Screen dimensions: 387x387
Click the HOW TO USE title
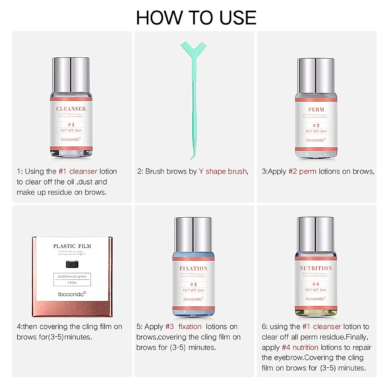coord(196,18)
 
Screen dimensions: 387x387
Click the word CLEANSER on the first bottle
coord(71,109)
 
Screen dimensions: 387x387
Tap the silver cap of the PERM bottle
coord(316,76)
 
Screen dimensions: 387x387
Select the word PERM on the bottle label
coord(316,110)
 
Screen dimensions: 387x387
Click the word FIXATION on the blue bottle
coord(193,268)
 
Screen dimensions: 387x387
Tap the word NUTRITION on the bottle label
coord(316,268)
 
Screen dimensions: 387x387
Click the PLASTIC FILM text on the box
coord(72,246)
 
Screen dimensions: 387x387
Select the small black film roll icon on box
coord(72,264)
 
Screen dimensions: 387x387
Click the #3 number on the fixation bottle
coord(193,284)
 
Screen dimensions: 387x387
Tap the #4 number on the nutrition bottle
coord(316,284)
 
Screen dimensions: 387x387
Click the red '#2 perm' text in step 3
coord(302,172)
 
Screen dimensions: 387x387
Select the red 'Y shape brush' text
coord(223,172)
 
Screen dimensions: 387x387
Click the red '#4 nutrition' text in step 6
coord(300,347)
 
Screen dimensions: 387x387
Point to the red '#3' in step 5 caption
coord(170,327)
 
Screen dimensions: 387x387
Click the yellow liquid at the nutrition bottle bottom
coord(316,312)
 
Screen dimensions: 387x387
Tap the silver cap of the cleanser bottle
coord(71,75)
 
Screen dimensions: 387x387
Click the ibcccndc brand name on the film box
coord(72,294)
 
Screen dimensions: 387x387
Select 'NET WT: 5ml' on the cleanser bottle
coord(71,130)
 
